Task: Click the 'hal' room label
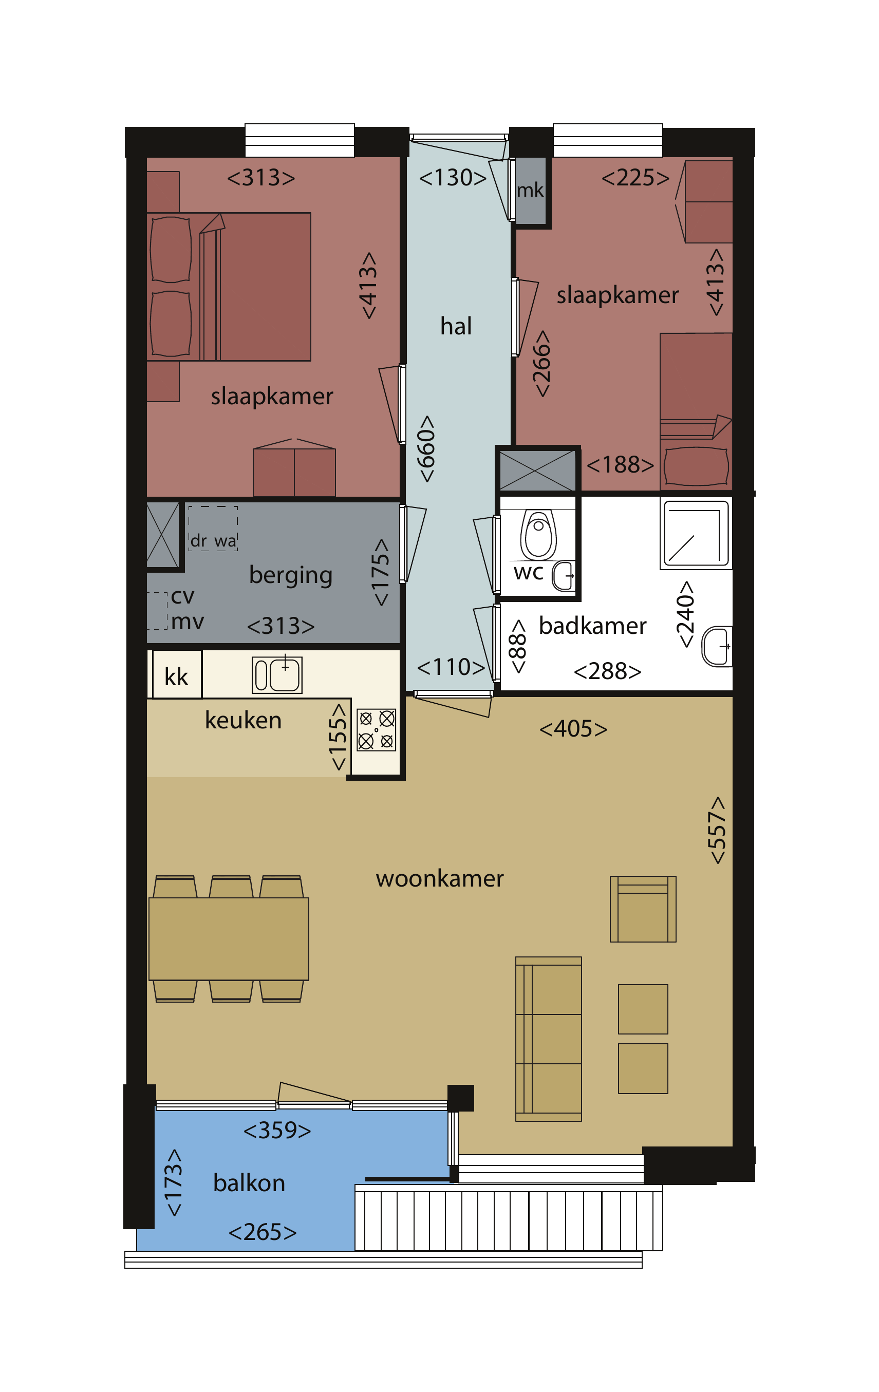(456, 326)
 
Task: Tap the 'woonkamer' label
(440, 879)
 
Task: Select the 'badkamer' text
(592, 626)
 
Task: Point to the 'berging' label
(290, 575)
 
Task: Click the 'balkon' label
(249, 1183)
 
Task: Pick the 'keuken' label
(243, 720)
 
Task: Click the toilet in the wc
(538, 535)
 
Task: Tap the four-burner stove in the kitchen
(377, 730)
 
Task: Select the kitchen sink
(277, 674)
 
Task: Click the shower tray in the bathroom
(696, 534)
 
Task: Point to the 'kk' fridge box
(177, 674)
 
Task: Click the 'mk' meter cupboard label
(530, 190)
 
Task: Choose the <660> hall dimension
(426, 448)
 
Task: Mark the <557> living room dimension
(717, 830)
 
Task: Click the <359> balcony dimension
(277, 1130)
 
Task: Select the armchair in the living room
(643, 909)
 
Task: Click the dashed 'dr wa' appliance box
(213, 529)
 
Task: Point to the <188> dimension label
(620, 465)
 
